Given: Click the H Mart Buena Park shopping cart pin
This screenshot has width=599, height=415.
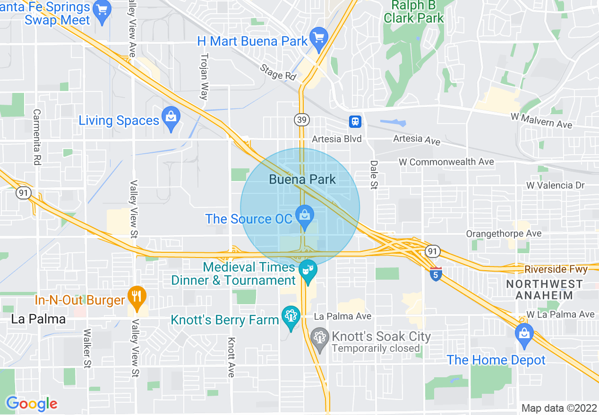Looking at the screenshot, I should (x=319, y=36).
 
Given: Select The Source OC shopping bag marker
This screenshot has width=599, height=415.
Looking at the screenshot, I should (x=305, y=216).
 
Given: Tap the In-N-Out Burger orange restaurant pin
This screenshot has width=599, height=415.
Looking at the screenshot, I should (x=137, y=297).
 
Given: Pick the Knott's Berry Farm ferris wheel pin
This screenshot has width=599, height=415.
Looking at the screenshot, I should (x=291, y=316).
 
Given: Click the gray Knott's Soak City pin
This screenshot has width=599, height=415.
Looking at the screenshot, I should (x=320, y=338).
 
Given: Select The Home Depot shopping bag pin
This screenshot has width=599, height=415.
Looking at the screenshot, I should (x=524, y=333).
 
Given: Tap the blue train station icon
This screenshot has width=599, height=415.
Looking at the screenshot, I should (x=355, y=121).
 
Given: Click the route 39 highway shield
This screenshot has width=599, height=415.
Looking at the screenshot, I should (x=302, y=120).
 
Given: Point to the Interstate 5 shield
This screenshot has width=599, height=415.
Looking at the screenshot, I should (x=436, y=274).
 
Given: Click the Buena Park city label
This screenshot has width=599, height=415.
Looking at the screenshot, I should (x=302, y=179).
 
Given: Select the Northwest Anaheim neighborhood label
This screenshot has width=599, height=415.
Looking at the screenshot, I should (x=544, y=290).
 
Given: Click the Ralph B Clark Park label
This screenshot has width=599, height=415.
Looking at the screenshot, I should (x=414, y=12).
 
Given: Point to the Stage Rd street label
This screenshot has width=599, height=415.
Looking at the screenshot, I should (x=278, y=72).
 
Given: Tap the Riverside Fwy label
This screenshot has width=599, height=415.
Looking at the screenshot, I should (x=556, y=269).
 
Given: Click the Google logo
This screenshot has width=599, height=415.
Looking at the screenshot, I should (x=32, y=404).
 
